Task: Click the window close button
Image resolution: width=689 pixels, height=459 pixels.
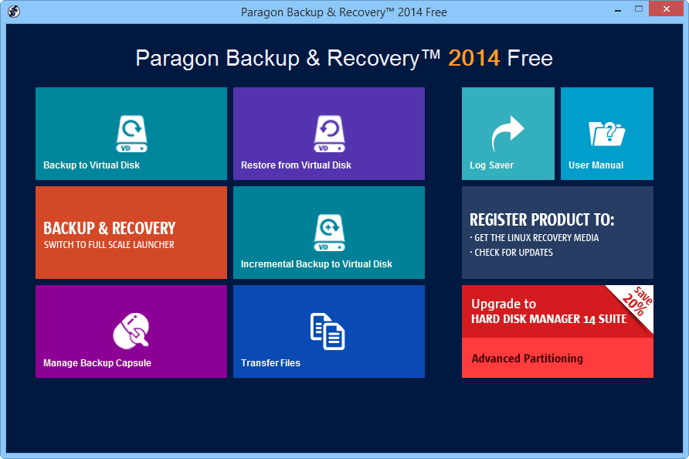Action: tap(665, 10)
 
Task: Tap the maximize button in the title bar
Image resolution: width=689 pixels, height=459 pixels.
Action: tap(639, 10)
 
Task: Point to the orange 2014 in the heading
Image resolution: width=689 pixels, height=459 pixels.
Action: tap(473, 58)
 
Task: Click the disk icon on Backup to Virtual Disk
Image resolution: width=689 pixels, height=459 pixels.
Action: tap(131, 134)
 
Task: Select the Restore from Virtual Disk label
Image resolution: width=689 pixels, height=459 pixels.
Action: tap(296, 165)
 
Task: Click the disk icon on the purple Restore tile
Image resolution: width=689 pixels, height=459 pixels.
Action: tap(329, 134)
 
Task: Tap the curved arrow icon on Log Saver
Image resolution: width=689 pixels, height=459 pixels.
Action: tap(507, 134)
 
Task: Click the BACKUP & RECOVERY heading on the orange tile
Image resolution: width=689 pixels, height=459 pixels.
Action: tap(109, 228)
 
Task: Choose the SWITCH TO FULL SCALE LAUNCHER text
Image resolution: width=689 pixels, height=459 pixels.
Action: tap(109, 245)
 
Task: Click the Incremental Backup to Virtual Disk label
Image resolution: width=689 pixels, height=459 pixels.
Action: tap(317, 264)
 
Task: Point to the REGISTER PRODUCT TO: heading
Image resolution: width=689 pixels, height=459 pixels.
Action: tap(542, 219)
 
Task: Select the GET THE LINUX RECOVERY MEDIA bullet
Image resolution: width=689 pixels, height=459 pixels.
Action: tap(535, 238)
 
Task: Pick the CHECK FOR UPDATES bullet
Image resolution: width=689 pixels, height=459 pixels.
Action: tap(513, 253)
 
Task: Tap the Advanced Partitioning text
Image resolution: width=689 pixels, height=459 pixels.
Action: tap(527, 359)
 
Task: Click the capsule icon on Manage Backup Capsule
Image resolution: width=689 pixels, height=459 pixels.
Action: tap(131, 331)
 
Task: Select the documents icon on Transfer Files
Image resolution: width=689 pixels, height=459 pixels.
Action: tap(328, 331)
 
